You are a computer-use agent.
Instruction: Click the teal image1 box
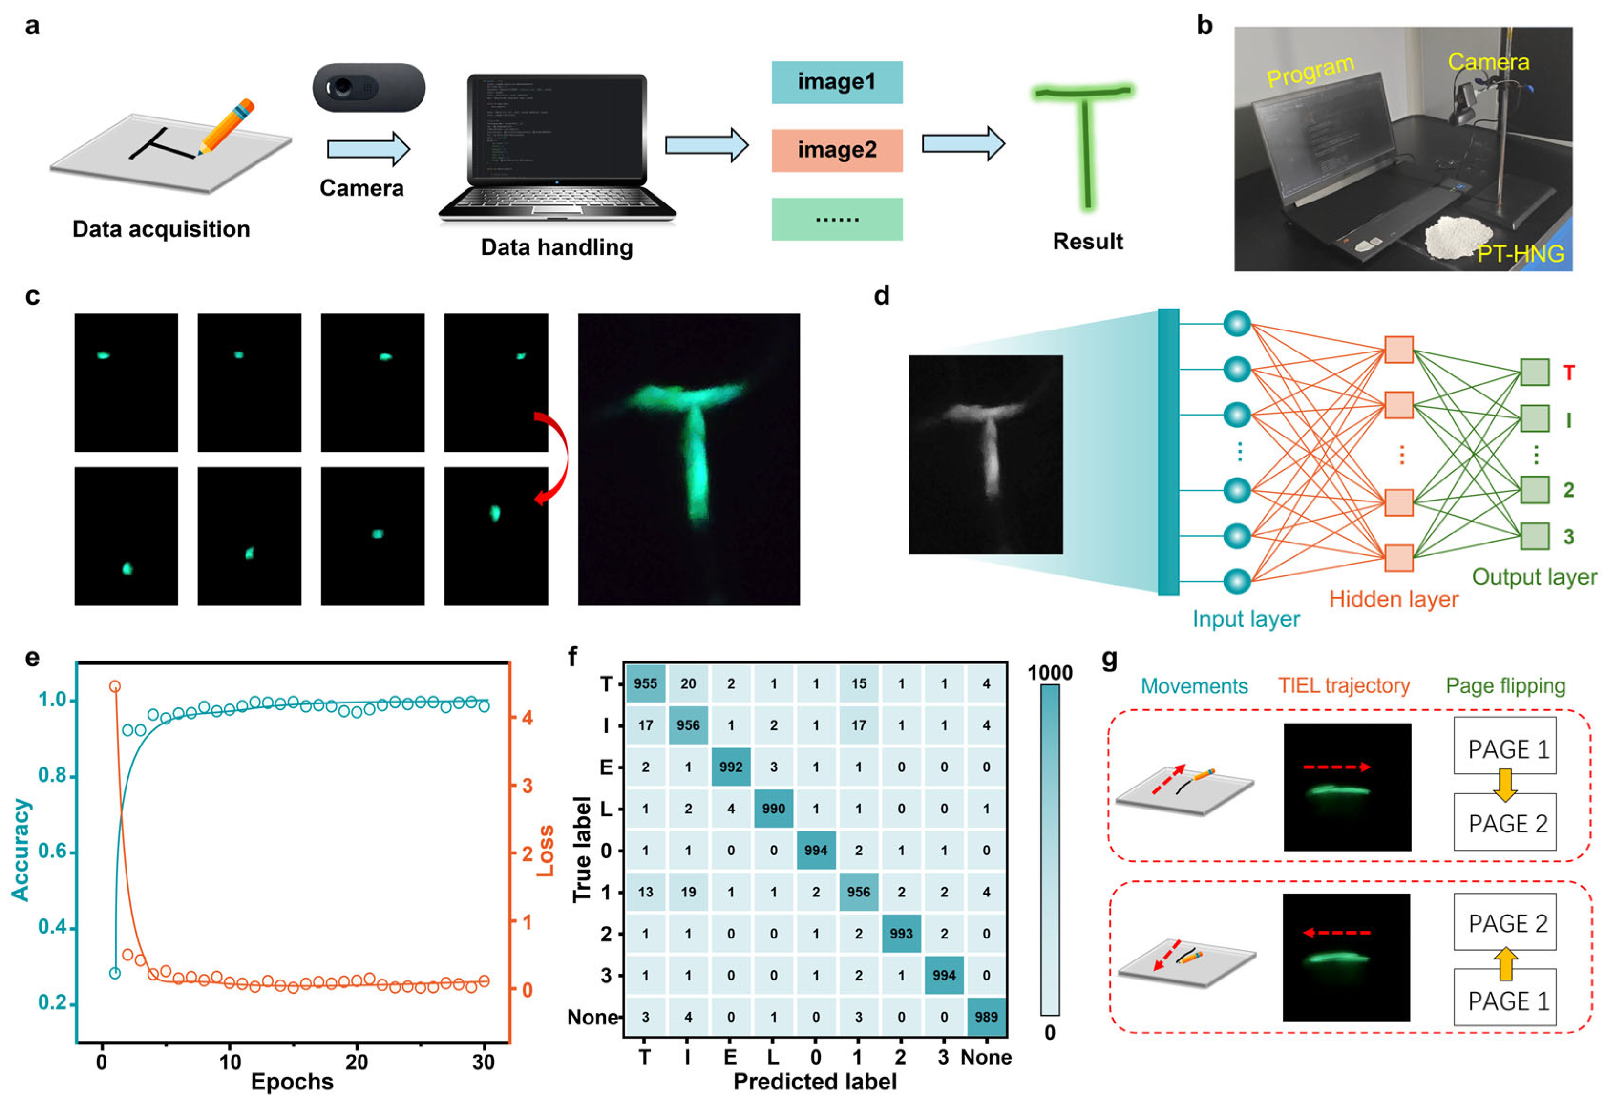[836, 82]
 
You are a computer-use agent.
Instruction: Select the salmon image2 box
[836, 150]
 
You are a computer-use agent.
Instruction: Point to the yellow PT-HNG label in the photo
[1520, 254]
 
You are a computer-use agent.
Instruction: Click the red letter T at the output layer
[1568, 373]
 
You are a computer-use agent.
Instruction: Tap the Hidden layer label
[1393, 599]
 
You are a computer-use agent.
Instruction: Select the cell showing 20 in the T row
[688, 684]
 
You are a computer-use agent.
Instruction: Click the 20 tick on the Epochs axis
[357, 1062]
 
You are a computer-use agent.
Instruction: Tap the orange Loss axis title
[546, 851]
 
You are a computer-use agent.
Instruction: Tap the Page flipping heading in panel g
[1505, 686]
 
